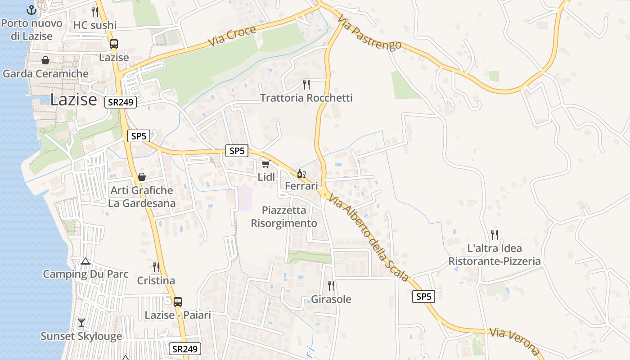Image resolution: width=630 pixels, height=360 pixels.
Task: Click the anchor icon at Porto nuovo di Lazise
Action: tap(31, 10)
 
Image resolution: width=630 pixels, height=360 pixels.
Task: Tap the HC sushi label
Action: tap(94, 25)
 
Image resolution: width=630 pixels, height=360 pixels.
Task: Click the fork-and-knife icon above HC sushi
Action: tap(94, 11)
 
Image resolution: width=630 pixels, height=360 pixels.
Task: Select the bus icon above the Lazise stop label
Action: tap(114, 44)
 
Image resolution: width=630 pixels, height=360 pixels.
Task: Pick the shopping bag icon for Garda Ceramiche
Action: tap(45, 60)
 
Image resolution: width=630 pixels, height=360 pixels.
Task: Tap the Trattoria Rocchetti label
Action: tap(306, 98)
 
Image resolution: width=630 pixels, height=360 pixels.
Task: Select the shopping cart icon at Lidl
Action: tap(266, 164)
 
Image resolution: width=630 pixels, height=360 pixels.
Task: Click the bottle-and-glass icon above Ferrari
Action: tap(301, 173)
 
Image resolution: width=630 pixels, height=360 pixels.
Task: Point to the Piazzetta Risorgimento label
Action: tap(284, 216)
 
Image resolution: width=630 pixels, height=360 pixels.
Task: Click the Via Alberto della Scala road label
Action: tap(369, 238)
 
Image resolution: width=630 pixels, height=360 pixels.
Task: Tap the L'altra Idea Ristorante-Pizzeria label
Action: tap(495, 255)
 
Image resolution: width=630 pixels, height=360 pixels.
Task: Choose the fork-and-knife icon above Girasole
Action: tap(331, 285)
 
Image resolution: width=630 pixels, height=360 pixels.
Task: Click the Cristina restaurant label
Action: tap(156, 281)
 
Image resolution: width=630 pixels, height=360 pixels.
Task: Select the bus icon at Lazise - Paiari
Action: tap(178, 301)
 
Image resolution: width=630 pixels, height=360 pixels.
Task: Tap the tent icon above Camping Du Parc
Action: tap(85, 261)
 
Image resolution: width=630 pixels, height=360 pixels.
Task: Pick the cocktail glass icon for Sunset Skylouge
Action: tap(81, 322)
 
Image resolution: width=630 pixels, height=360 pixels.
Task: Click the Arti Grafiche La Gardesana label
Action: tap(142, 197)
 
